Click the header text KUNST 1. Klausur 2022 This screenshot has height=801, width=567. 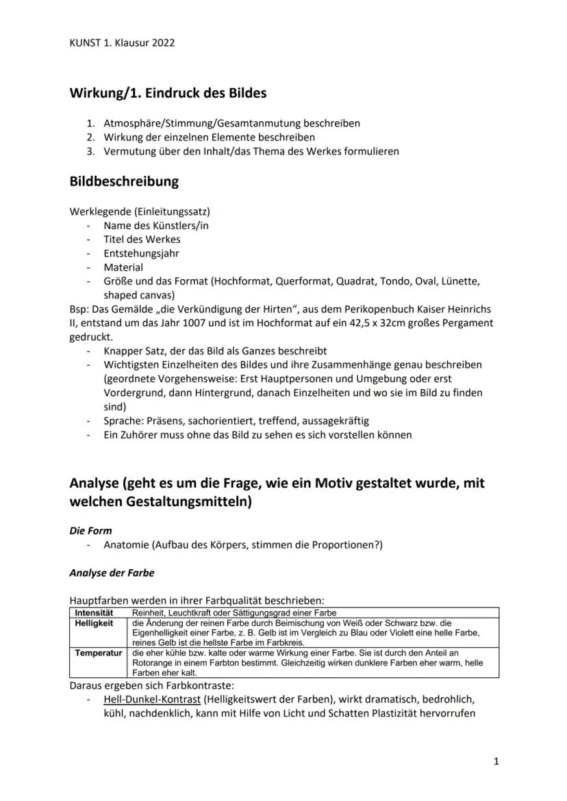(x=122, y=42)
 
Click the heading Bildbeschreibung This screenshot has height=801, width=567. (x=124, y=181)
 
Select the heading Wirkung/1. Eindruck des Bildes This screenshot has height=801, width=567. (x=168, y=92)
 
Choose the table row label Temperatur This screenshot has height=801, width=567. (x=98, y=653)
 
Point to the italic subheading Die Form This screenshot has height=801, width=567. (x=90, y=530)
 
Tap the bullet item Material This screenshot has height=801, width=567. (x=123, y=267)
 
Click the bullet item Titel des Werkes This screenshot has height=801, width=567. (x=142, y=239)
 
